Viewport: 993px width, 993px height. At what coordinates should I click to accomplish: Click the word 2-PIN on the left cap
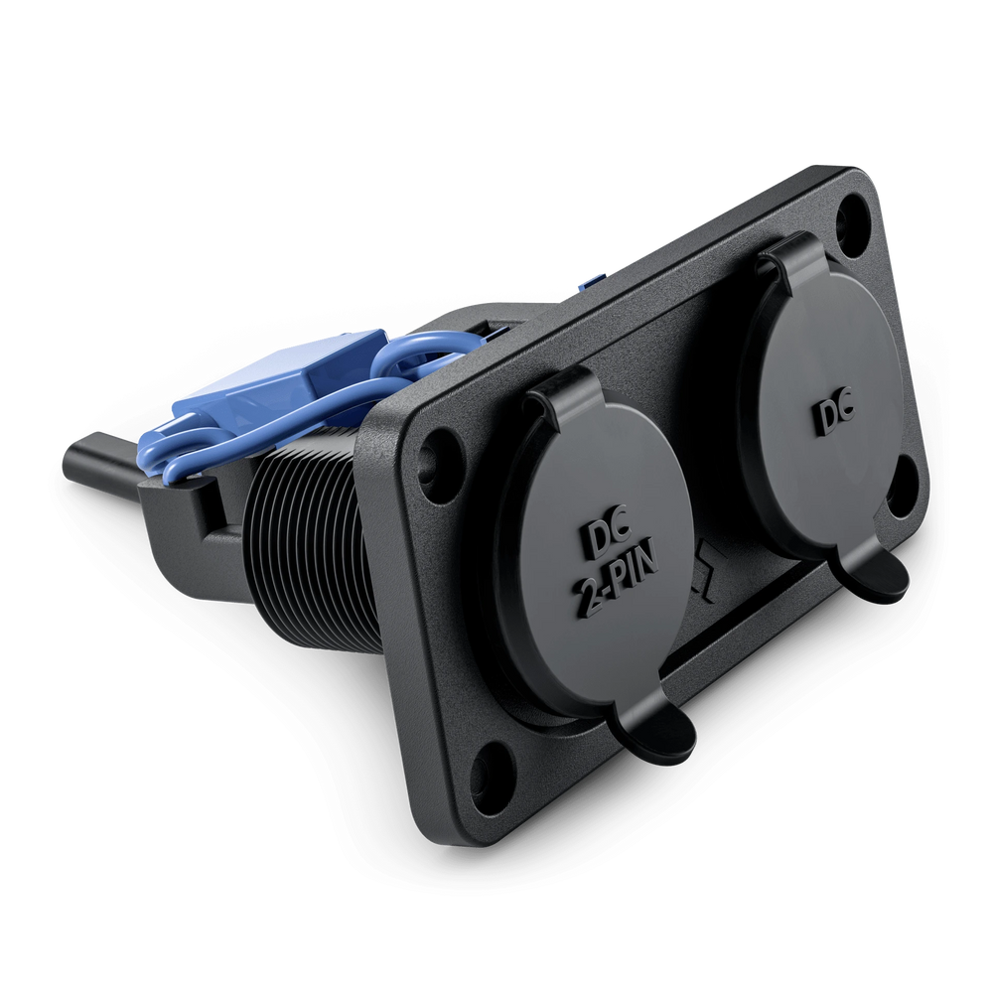point(616,580)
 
